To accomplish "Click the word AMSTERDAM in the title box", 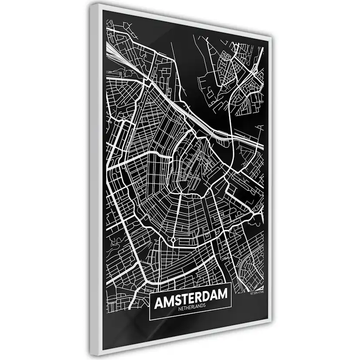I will click(190, 300).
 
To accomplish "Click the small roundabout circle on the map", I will click(173, 240).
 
